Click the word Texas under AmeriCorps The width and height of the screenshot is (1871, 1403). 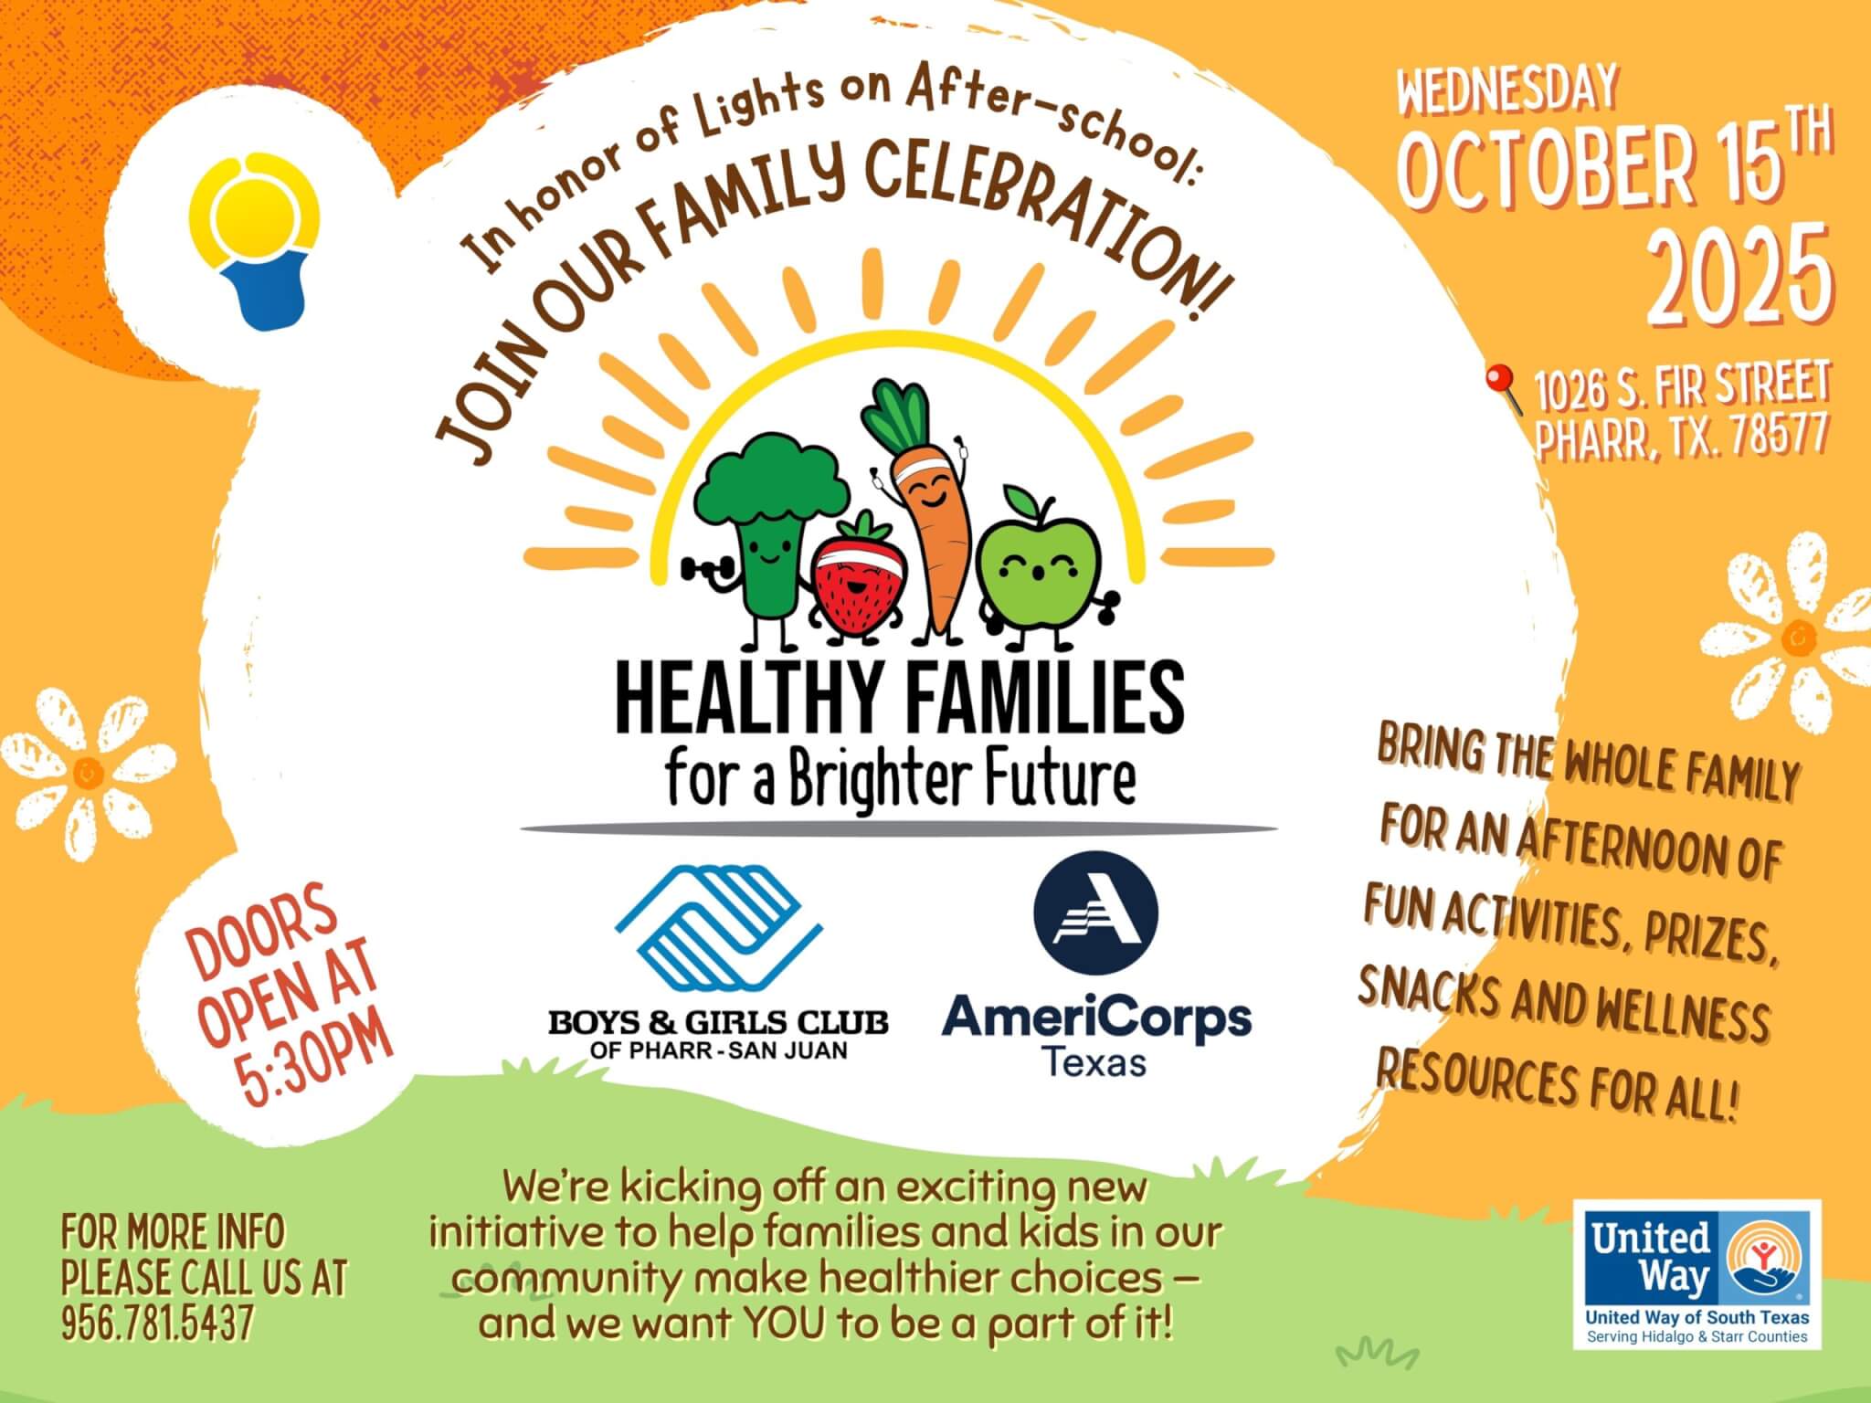click(1094, 1062)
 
